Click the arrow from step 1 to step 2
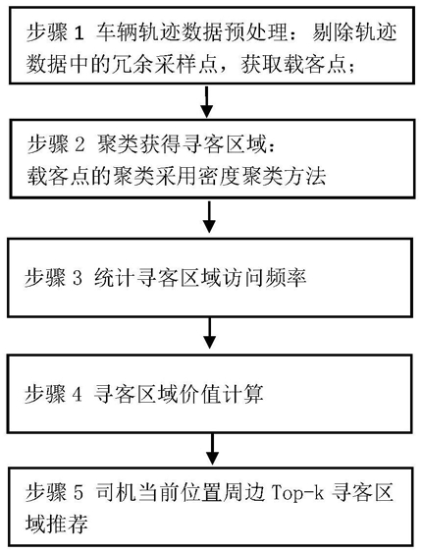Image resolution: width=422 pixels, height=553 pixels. click(x=207, y=101)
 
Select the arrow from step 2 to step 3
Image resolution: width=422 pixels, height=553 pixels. click(x=210, y=216)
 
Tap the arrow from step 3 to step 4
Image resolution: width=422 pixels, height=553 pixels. click(x=210, y=333)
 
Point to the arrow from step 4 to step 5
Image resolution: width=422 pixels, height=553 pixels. click(x=212, y=449)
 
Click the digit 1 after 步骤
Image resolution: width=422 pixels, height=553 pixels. click(x=79, y=33)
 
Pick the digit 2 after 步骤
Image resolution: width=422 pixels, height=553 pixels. click(x=79, y=145)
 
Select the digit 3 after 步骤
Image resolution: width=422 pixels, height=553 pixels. click(x=78, y=278)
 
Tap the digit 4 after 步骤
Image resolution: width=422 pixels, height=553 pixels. click(x=78, y=394)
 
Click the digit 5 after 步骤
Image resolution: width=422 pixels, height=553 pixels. click(x=79, y=493)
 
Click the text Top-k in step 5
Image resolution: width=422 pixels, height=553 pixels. click(x=297, y=493)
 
